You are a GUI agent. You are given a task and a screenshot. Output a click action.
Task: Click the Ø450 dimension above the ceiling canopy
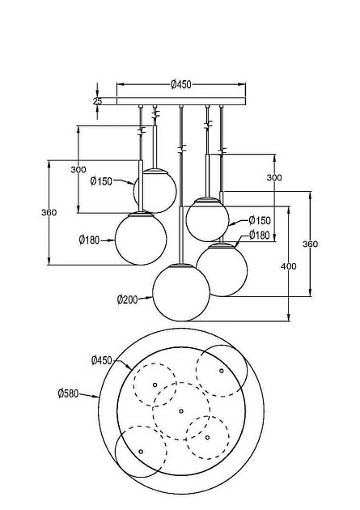pyautogui.click(x=181, y=84)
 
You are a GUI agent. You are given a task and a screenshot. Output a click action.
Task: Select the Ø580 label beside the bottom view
pyautogui.click(x=68, y=393)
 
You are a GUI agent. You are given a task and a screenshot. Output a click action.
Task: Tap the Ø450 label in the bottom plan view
pyautogui.click(x=102, y=360)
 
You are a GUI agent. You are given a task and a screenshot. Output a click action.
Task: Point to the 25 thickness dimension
pyautogui.click(x=97, y=101)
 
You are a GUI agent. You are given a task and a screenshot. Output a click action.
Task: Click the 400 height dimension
pyautogui.click(x=289, y=266)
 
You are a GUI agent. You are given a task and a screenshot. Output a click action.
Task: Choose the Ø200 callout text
pyautogui.click(x=127, y=300)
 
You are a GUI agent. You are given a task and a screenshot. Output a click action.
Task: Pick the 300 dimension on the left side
pyautogui.click(x=78, y=169)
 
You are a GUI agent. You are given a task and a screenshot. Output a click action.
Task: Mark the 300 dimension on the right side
pyautogui.click(x=274, y=177)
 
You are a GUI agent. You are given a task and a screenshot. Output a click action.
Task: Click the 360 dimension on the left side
pyautogui.click(x=49, y=212)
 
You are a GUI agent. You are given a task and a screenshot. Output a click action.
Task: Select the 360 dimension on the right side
pyautogui.click(x=311, y=244)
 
